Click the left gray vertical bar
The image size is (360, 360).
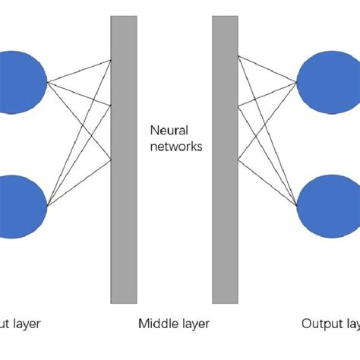coord(124,159)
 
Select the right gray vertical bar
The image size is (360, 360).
coord(225,159)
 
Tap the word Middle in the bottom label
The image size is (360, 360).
coord(155,324)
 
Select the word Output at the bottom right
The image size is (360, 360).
coord(322,324)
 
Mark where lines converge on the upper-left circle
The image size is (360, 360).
coord(47,82)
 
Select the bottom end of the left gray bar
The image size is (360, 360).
coord(124,301)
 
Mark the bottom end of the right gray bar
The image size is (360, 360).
coord(225,301)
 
